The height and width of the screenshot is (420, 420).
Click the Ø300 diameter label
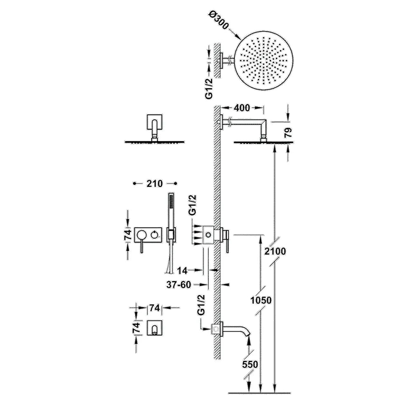point(219,20)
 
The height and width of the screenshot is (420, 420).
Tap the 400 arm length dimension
point(242,108)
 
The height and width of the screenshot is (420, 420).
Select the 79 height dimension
point(289,133)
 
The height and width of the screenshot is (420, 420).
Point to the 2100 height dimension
point(275,251)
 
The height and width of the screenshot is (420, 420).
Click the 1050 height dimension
point(261,300)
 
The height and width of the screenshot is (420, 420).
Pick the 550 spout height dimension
point(250,364)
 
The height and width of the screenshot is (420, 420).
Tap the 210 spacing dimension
point(154,184)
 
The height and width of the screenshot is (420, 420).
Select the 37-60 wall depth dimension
point(179,285)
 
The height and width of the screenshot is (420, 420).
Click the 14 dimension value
point(182,271)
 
